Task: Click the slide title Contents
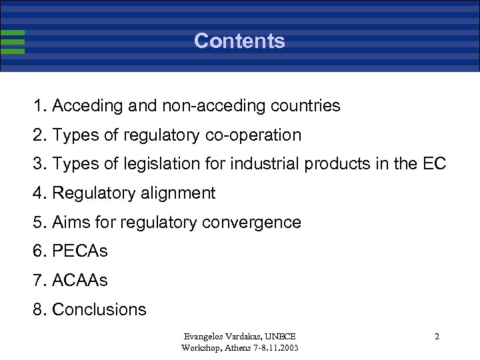(239, 41)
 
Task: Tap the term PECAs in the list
(80, 251)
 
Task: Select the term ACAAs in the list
(80, 281)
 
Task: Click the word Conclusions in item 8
(99, 309)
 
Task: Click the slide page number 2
(437, 337)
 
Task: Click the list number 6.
(37, 251)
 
